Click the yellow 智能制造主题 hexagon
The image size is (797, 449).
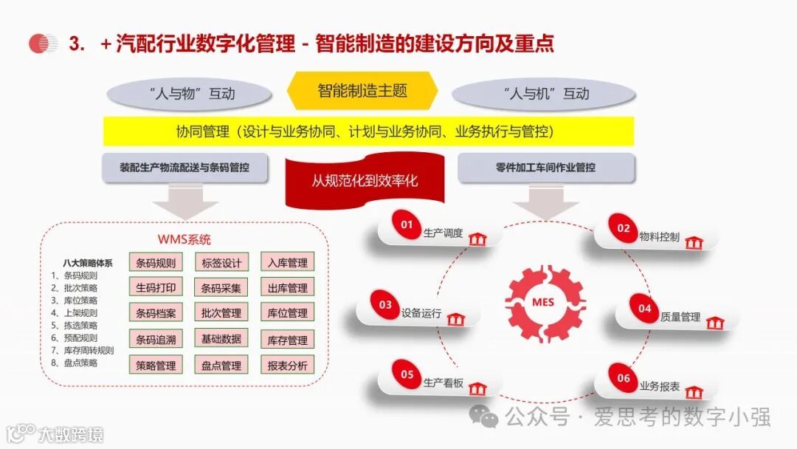pos(362,91)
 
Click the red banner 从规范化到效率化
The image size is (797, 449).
pos(364,179)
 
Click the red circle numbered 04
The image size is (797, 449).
pos(644,309)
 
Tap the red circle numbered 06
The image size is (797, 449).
pos(624,378)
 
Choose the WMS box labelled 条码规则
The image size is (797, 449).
pos(156,262)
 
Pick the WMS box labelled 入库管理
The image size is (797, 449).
pos(287,262)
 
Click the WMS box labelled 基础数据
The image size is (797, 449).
pos(221,339)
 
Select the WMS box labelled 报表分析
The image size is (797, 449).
pos(287,365)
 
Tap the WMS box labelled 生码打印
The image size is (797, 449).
pos(156,287)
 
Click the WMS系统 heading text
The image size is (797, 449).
pos(184,240)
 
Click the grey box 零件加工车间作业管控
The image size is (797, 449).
pos(546,168)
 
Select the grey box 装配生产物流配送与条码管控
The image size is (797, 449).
pos(184,168)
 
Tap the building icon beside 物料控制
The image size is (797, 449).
pos(693,242)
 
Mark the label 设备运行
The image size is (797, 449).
pos(421,314)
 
